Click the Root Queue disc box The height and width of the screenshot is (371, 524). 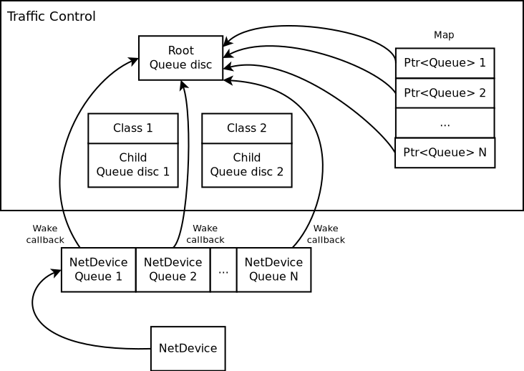click(x=180, y=58)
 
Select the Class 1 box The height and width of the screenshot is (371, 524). click(x=132, y=128)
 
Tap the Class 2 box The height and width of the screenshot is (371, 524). click(x=246, y=128)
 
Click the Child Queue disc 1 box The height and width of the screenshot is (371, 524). click(x=132, y=165)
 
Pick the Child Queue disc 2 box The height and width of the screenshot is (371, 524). click(x=246, y=165)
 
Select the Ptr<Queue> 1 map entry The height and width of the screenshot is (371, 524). click(x=445, y=63)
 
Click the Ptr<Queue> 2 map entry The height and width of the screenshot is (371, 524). click(x=445, y=93)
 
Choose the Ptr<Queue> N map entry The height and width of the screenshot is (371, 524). click(x=445, y=153)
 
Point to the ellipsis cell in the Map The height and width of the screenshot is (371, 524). click(x=445, y=122)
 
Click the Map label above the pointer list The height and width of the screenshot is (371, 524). click(x=444, y=35)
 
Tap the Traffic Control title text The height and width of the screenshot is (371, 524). click(x=51, y=16)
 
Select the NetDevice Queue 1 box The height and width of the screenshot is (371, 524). click(x=98, y=269)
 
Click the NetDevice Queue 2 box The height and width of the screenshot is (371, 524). click(x=173, y=269)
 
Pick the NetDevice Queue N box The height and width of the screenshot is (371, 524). click(x=273, y=269)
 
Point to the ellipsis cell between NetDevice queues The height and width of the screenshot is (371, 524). click(x=223, y=269)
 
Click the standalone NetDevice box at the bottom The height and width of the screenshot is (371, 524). click(x=188, y=349)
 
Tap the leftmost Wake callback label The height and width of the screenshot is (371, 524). click(x=45, y=234)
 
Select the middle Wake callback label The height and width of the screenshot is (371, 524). click(x=205, y=234)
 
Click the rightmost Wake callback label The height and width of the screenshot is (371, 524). click(x=326, y=234)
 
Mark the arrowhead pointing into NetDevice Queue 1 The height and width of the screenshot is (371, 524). click(x=57, y=273)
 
